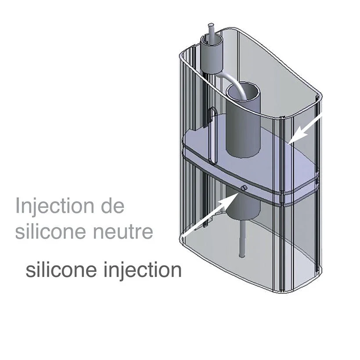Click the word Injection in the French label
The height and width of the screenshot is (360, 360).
pos(54,206)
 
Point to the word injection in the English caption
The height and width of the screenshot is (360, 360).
pos(143,270)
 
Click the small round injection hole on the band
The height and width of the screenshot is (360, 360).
pos(244,188)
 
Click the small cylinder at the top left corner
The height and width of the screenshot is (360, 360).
pos(212,55)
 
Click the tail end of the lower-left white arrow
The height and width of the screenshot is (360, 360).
pos(183,236)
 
